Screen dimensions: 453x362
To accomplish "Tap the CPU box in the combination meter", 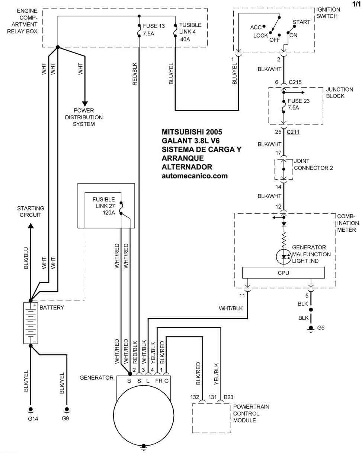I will pyautogui.click(x=283, y=273).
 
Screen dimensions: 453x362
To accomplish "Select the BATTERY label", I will pyautogui.click(x=52, y=308).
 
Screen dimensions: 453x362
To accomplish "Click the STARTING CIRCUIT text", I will pyautogui.click(x=31, y=212).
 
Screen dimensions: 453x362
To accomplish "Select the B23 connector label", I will pyautogui.click(x=228, y=397).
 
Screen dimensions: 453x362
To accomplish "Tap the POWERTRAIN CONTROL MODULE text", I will pyautogui.click(x=251, y=414).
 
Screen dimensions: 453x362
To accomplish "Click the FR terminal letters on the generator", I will pyautogui.click(x=158, y=381).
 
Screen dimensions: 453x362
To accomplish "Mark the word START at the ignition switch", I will pyautogui.click(x=301, y=22).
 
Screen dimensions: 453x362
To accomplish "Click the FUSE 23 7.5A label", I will pyautogui.click(x=298, y=104).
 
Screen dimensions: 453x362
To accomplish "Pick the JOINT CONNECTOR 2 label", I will pyautogui.click(x=313, y=165).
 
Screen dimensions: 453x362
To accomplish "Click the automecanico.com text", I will pyautogui.click(x=195, y=175).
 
